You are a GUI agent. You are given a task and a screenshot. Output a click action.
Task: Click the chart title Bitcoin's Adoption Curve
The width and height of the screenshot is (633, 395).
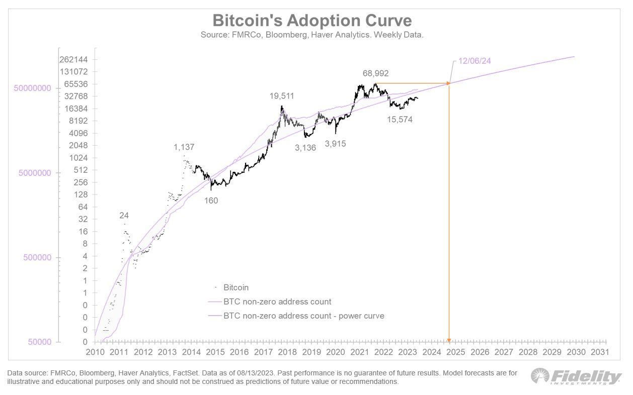(x=312, y=21)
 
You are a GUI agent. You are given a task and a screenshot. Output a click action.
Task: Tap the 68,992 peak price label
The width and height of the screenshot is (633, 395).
(x=375, y=73)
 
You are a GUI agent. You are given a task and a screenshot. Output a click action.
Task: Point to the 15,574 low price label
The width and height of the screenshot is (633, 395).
(x=400, y=120)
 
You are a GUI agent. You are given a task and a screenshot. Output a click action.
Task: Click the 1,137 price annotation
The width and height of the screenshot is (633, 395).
(x=184, y=147)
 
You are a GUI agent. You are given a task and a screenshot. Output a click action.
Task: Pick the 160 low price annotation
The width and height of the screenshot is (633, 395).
(x=211, y=200)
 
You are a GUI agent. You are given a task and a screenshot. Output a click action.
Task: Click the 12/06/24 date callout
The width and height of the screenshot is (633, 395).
(x=474, y=61)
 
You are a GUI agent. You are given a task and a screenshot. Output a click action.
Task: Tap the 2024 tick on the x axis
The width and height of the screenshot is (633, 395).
(x=431, y=351)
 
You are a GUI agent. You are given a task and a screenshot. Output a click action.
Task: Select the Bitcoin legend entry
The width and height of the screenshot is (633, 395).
(x=236, y=287)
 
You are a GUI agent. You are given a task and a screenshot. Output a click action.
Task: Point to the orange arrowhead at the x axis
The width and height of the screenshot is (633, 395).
(x=449, y=340)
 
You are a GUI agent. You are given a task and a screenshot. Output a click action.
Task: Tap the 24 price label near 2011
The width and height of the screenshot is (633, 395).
(x=124, y=216)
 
